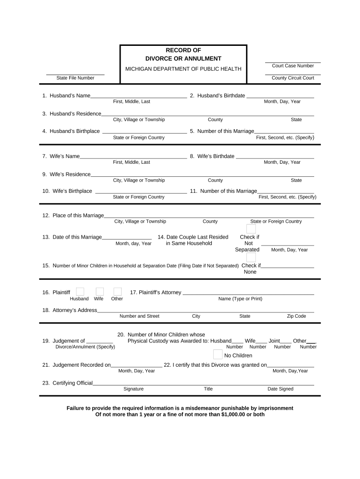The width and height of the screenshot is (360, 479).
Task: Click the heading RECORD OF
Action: [x=183, y=50]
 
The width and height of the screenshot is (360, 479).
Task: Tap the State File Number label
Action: [x=75, y=78]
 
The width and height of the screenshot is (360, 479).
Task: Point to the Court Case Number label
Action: [x=293, y=66]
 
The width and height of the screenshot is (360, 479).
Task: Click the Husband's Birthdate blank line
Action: [x=280, y=97]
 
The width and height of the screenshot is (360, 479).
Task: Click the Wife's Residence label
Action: [x=70, y=174]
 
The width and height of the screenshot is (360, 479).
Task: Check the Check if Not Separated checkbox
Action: [x=251, y=229]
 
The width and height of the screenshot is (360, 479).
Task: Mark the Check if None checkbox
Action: [x=251, y=258]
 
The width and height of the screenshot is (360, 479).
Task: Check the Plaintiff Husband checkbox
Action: [x=80, y=292]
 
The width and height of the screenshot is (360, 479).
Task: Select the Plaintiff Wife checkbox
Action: [x=99, y=292]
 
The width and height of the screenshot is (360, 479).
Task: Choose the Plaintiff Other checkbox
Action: [x=117, y=292]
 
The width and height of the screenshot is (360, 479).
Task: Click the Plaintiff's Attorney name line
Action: [x=248, y=294]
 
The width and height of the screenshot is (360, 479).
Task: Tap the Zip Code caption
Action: [x=296, y=316]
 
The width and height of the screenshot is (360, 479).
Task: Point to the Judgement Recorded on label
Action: [x=81, y=365]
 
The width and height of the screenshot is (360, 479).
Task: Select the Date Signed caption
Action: [x=281, y=389]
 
